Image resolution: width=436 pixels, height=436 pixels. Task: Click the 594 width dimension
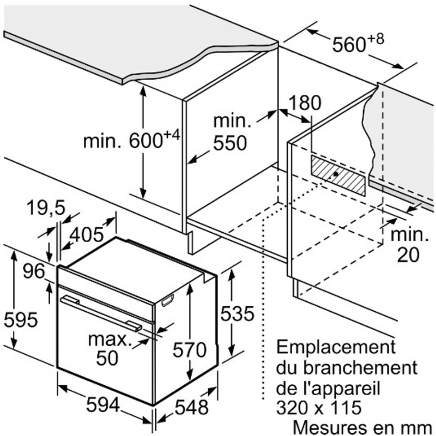click(x=102, y=405)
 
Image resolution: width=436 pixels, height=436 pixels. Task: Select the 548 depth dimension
click(x=192, y=407)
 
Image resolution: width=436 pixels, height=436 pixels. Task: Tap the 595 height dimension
click(x=21, y=319)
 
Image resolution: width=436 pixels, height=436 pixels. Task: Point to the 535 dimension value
click(x=237, y=313)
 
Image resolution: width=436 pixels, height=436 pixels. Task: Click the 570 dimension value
click(x=190, y=349)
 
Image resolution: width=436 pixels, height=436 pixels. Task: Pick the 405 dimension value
click(x=87, y=234)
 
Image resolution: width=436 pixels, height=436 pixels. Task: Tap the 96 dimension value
click(x=34, y=271)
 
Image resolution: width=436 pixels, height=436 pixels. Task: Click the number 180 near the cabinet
click(x=305, y=102)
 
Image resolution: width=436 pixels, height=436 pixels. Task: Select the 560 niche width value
click(x=349, y=45)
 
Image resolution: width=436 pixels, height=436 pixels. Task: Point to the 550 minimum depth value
click(x=230, y=143)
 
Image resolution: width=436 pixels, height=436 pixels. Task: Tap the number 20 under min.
click(x=408, y=255)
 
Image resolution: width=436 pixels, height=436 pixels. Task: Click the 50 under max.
click(x=107, y=358)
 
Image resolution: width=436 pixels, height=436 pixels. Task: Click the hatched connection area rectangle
click(x=338, y=175)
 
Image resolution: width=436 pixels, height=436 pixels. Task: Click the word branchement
click(x=360, y=367)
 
